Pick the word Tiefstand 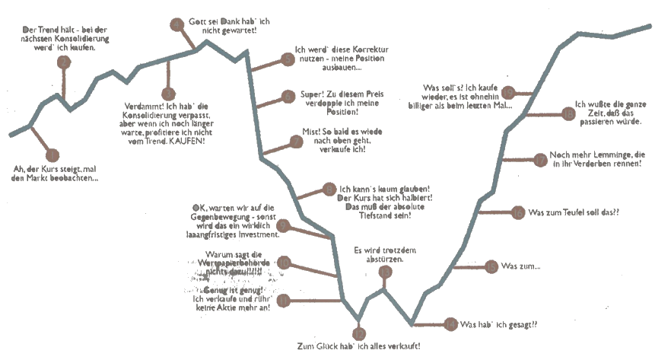click(x=372, y=216)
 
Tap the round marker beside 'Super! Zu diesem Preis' click(x=288, y=96)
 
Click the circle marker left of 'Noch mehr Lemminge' click(x=539, y=159)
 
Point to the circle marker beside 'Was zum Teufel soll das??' click(x=517, y=212)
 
